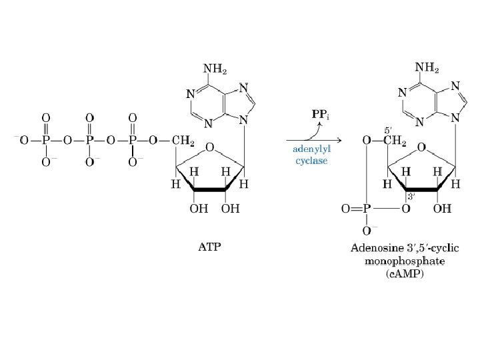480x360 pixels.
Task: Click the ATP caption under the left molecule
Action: [209, 247]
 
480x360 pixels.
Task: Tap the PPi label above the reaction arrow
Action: [321, 114]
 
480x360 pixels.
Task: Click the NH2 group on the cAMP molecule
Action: [427, 67]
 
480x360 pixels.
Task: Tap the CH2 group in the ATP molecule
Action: [183, 140]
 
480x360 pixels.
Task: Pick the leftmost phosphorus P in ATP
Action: [46, 140]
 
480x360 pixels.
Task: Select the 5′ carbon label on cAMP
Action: [386, 129]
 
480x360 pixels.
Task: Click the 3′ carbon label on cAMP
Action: [411, 196]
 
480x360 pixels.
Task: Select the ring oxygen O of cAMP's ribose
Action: [421, 146]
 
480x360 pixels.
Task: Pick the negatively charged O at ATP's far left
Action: [23, 140]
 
